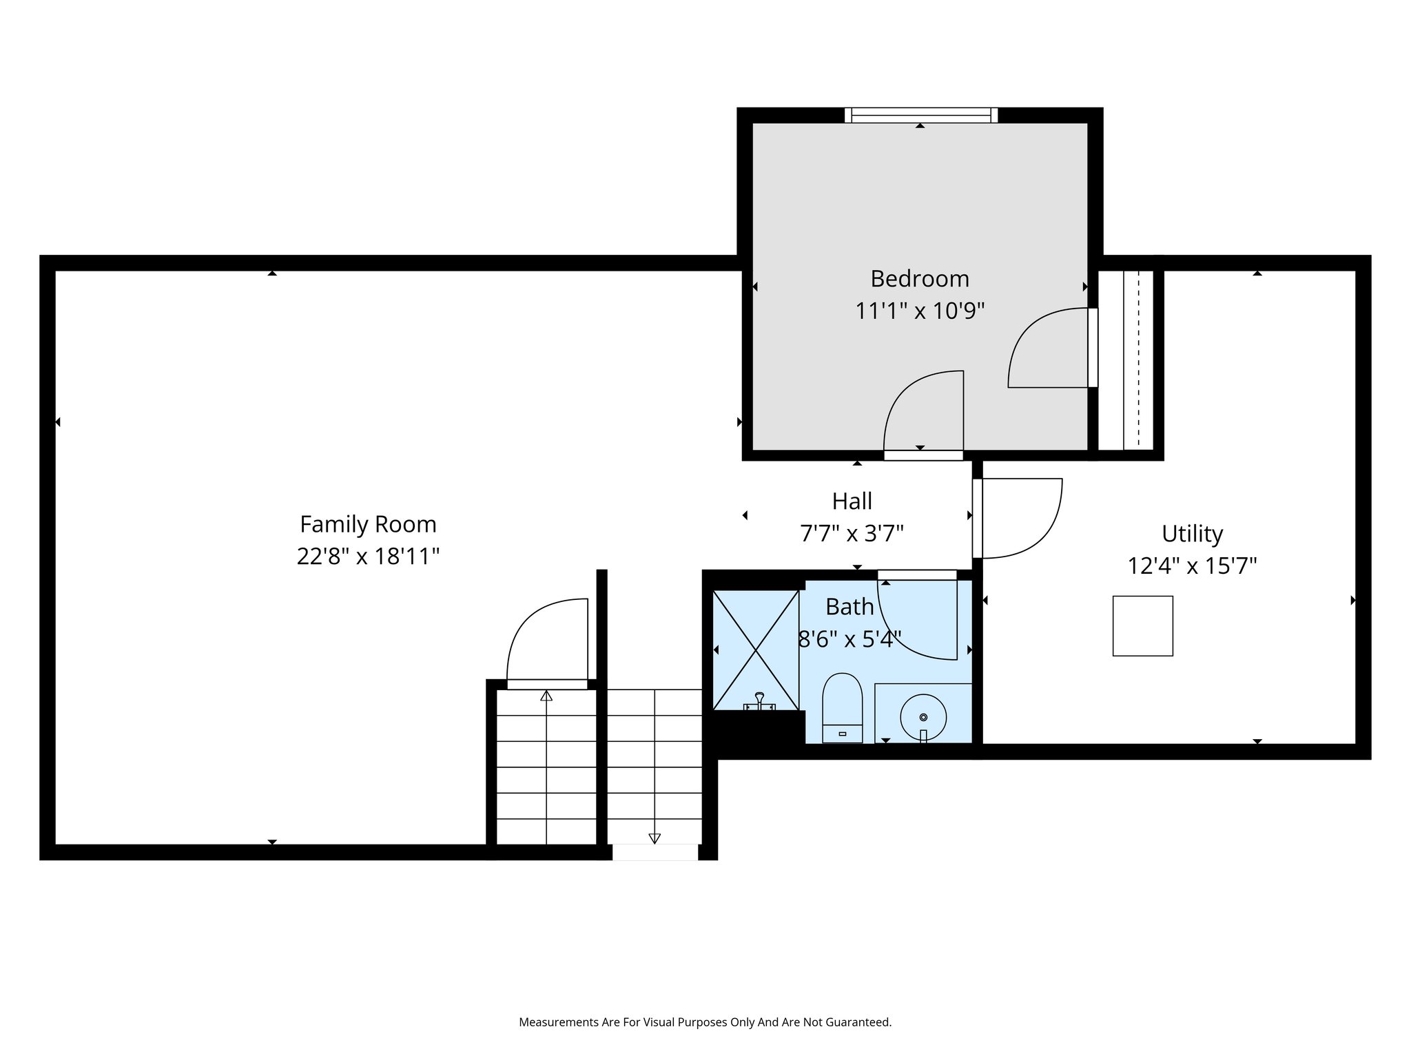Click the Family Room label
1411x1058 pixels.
(368, 524)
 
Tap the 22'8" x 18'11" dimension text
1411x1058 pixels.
(368, 556)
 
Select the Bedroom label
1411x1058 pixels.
(920, 278)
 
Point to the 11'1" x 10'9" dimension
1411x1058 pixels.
(920, 311)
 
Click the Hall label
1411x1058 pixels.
(852, 501)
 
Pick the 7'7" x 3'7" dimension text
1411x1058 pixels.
(852, 533)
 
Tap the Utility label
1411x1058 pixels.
(1192, 533)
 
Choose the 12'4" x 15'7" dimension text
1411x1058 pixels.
(1192, 566)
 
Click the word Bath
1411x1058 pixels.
(849, 607)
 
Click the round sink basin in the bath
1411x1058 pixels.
(923, 716)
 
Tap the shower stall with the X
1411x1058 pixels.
(756, 650)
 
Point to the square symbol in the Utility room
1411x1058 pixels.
(1142, 625)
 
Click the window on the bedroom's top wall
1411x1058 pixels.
(921, 115)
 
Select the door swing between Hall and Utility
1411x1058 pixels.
(1020, 517)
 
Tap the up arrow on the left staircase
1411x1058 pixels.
(546, 696)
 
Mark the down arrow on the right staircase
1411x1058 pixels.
(655, 838)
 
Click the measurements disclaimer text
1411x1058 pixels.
(705, 1022)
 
